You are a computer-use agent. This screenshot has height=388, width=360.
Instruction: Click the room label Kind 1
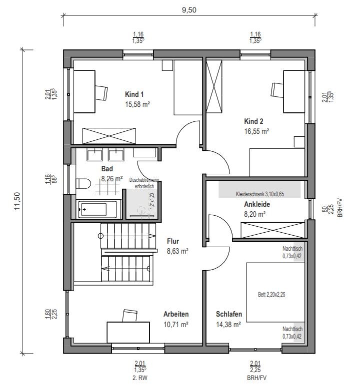pos(134,94)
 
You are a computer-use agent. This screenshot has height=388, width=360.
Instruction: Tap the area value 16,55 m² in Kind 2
pos(256,131)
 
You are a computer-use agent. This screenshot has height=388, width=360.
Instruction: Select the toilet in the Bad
pos(83,184)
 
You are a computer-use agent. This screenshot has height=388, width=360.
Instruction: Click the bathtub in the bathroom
pos(97,210)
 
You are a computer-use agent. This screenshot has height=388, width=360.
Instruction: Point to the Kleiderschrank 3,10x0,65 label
pos(260,194)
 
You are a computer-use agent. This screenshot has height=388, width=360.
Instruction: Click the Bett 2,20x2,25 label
pos(271,295)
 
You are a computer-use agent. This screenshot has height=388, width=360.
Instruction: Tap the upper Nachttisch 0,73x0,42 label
pos(292,252)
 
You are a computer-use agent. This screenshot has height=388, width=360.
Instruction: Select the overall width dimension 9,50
pos(189,10)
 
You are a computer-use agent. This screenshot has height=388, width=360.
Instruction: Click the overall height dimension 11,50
pos(17,201)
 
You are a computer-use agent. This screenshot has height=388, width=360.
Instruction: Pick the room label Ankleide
pos(257,204)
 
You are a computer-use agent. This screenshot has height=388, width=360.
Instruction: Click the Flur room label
pos(173,241)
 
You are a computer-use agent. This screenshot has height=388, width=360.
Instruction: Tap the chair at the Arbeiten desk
pos(129,316)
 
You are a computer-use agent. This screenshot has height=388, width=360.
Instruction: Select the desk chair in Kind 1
pos(101,93)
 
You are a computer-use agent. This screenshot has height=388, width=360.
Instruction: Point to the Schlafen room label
pos(229,314)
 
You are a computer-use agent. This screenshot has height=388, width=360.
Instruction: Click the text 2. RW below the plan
pos(140,378)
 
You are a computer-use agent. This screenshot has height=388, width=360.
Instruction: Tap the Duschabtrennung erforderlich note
pos(144,183)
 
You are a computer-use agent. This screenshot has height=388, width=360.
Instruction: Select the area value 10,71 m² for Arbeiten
pos(176,325)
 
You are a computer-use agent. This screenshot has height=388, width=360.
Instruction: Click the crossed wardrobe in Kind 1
pos(109,136)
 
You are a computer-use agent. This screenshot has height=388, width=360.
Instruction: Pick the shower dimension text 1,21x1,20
pos(152,201)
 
